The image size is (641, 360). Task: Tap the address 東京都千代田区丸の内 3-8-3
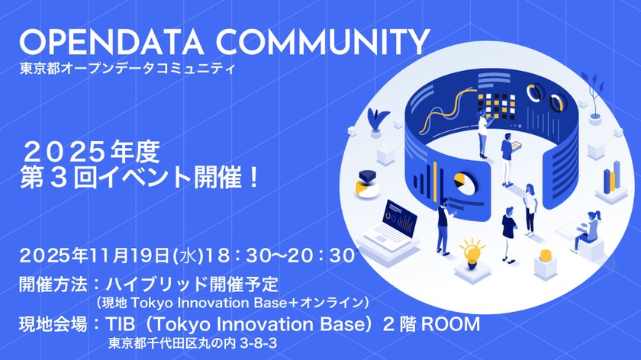tap(192, 344)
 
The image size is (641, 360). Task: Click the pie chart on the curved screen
tap(460, 182)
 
